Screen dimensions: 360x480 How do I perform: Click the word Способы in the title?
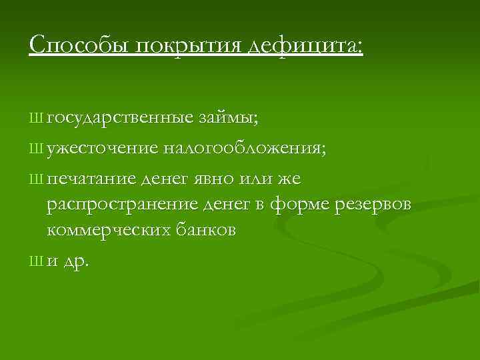pyautogui.click(x=67, y=46)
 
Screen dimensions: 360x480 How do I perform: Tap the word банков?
pyautogui.click(x=207, y=231)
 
